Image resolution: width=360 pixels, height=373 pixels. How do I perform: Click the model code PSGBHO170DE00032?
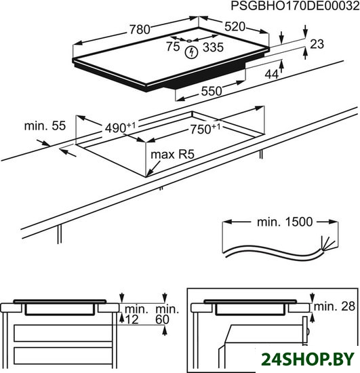pyautogui.click(x=295, y=6)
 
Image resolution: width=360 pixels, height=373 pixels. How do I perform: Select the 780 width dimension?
pyautogui.click(x=140, y=29)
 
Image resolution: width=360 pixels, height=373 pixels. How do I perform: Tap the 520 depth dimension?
pyautogui.click(x=235, y=26)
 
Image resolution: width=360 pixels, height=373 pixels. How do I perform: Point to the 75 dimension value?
pyautogui.click(x=173, y=46)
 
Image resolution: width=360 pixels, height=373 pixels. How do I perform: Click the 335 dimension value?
pyautogui.click(x=213, y=47)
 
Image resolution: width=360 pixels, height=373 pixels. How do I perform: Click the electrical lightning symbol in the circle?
pyautogui.click(x=191, y=52)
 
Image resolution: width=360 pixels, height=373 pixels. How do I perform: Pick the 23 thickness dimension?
pyautogui.click(x=317, y=44)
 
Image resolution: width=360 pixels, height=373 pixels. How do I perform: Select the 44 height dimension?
pyautogui.click(x=272, y=75)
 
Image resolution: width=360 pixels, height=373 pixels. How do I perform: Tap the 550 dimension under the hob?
pyautogui.click(x=212, y=91)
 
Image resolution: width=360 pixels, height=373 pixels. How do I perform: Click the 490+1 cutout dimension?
pyautogui.click(x=120, y=127)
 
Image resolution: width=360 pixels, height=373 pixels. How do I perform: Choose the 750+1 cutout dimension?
pyautogui.click(x=205, y=129)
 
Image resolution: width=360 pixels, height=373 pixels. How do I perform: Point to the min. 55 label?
pyautogui.click(x=45, y=126)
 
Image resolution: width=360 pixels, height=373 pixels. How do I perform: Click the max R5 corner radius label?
pyautogui.click(x=173, y=155)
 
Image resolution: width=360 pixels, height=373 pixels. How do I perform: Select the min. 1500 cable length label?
pyautogui.click(x=285, y=222)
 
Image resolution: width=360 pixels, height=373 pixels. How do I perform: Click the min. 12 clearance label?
pyautogui.click(x=135, y=314)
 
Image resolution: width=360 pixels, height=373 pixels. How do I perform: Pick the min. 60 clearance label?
pyautogui.click(x=167, y=314)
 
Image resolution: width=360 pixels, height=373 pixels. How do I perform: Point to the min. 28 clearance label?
pyautogui.click(x=334, y=307)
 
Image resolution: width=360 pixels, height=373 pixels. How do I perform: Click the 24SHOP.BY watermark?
pyautogui.click(x=308, y=359)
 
